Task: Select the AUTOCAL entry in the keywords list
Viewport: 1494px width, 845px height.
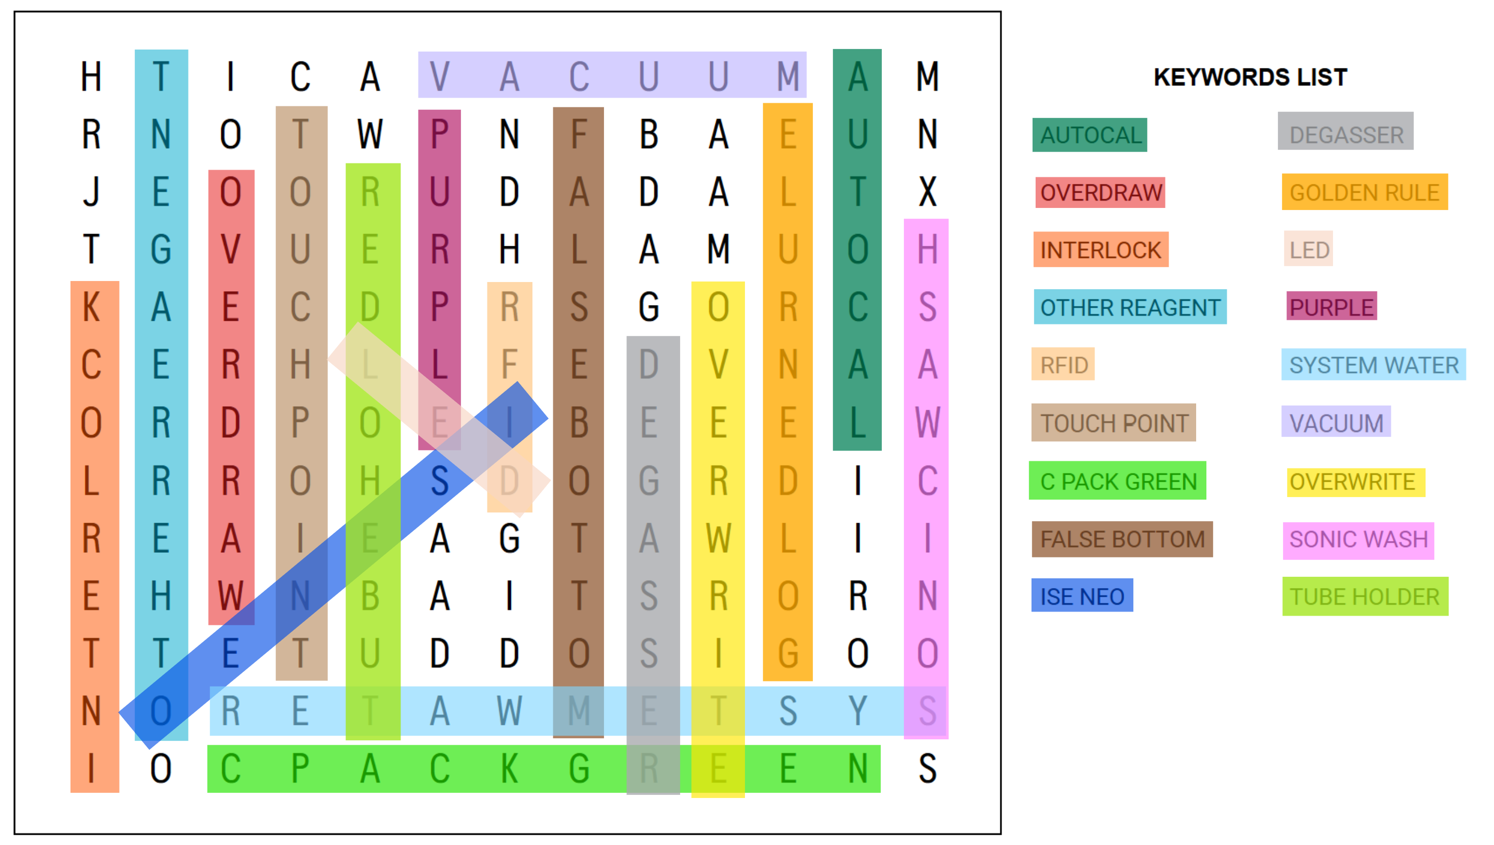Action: click(x=1089, y=135)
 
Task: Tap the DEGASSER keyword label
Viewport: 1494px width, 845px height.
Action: click(x=1345, y=135)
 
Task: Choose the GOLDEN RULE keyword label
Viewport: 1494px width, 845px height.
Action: click(x=1364, y=193)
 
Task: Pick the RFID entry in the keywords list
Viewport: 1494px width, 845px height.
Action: click(x=1063, y=365)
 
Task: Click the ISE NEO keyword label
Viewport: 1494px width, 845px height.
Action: click(x=1082, y=596)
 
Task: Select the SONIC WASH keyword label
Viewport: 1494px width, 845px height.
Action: click(x=1358, y=539)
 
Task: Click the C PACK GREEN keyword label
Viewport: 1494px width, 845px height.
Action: click(x=1118, y=482)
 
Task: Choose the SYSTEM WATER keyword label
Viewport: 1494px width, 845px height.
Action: click(x=1373, y=365)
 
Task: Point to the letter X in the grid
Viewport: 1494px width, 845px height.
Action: click(x=927, y=192)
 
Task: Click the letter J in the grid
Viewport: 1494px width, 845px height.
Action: click(x=91, y=192)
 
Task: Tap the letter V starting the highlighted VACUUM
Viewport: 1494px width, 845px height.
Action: click(x=439, y=76)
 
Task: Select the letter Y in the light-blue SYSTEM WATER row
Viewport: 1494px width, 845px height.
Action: click(x=857, y=711)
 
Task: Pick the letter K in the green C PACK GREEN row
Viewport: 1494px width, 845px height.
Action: click(x=509, y=769)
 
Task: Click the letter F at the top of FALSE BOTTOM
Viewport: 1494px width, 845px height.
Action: click(x=579, y=134)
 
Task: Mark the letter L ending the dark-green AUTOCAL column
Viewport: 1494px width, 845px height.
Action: click(x=857, y=423)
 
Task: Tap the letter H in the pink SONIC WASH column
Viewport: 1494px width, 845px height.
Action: click(x=927, y=249)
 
